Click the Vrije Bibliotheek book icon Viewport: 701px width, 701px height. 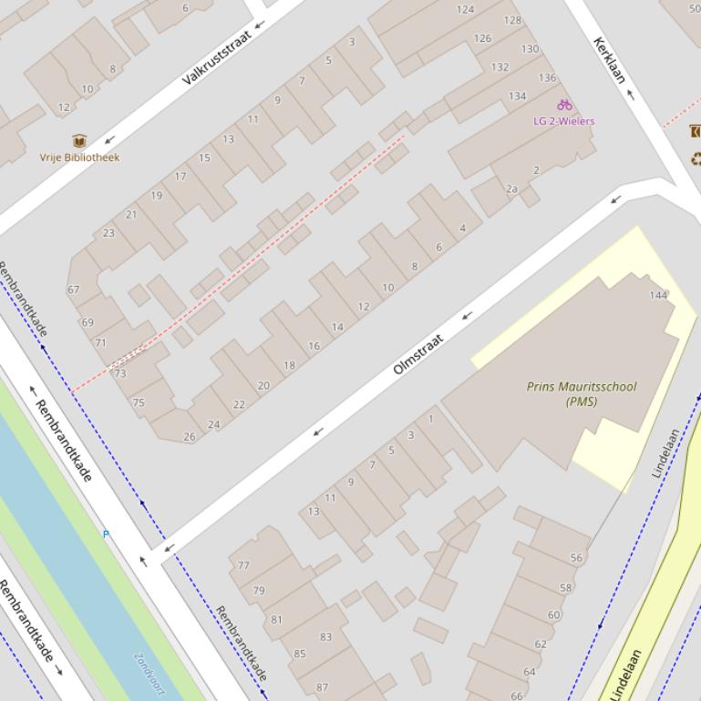click(79, 141)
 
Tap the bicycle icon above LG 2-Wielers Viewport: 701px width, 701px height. click(564, 106)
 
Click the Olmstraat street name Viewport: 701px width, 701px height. click(418, 354)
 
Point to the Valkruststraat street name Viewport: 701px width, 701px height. click(216, 57)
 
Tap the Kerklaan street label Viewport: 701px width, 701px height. click(609, 60)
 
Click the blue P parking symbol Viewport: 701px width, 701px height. click(106, 534)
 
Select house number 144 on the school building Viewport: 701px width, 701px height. click(658, 295)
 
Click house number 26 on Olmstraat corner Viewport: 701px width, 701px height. click(190, 437)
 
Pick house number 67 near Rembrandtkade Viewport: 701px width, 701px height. click(74, 290)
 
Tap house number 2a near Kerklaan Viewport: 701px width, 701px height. click(511, 189)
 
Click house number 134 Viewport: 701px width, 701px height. click(517, 97)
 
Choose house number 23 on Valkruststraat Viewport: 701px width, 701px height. click(109, 233)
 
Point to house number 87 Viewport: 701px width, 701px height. click(322, 687)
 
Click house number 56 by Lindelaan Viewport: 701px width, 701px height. click(576, 558)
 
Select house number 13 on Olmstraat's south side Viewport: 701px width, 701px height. click(313, 512)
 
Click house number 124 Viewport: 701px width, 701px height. click(465, 10)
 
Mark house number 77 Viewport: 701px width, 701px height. click(243, 565)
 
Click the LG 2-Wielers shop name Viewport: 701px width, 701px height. click(564, 121)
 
